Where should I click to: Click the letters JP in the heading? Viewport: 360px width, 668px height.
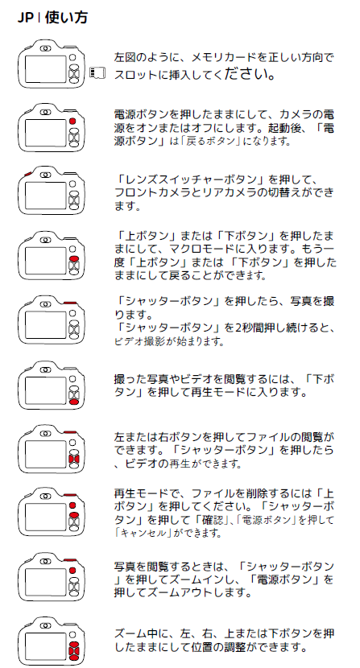25,18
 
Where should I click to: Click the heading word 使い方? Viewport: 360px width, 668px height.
66,18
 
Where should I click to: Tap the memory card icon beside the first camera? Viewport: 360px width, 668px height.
97,73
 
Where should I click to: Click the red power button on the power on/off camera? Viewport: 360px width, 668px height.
72,121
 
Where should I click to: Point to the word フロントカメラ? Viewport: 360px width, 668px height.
152,192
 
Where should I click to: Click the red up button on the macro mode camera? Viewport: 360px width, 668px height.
74,258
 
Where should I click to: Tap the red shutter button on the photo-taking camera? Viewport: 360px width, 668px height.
70,303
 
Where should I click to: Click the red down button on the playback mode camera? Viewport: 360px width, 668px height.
74,402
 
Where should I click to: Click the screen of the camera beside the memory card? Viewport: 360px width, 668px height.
46,68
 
